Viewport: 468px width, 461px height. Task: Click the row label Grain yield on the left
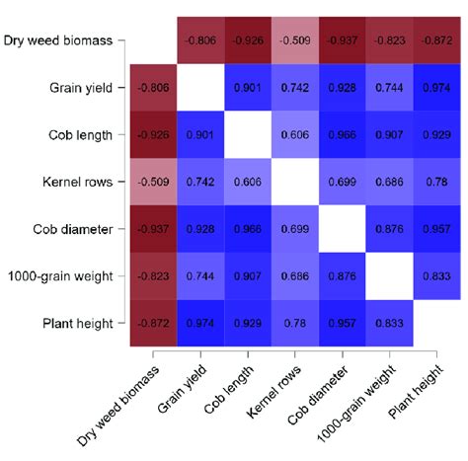click(84, 88)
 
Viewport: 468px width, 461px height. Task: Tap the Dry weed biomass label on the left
click(63, 41)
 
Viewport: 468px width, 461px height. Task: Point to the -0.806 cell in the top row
click(201, 41)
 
